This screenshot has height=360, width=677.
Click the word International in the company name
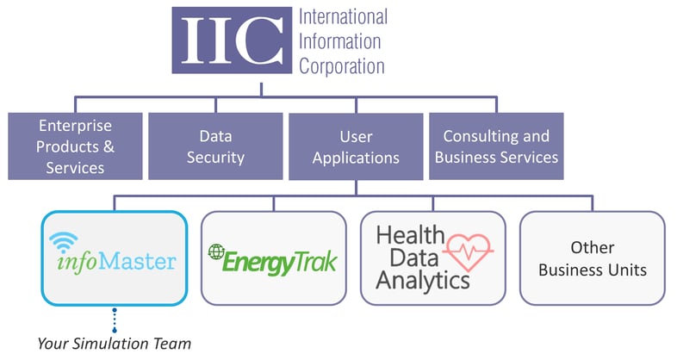[342, 16]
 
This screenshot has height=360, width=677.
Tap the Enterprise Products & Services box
[75, 146]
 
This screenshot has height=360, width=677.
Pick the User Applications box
[355, 146]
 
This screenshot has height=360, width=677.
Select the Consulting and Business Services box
[496, 146]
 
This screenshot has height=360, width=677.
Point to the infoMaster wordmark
[115, 260]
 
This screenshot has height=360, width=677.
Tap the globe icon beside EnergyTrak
[216, 252]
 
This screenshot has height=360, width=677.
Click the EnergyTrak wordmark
[281, 261]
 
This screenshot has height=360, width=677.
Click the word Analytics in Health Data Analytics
[423, 280]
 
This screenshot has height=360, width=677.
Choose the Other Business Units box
[592, 258]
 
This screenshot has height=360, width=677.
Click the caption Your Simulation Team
[114, 343]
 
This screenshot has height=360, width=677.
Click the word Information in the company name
[341, 41]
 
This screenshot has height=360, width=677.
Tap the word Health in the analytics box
[410, 235]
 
